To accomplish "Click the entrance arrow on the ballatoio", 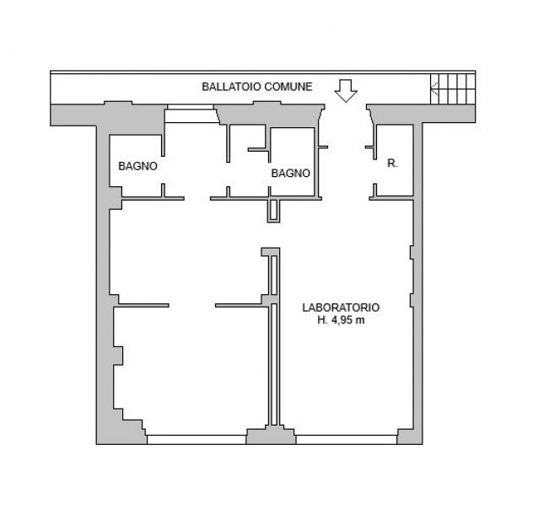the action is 346,91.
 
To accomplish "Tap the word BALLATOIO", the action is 231,87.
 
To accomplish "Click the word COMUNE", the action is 288,87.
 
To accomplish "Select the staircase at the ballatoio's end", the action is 453,89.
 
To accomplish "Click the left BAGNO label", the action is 137,166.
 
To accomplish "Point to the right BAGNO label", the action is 291,174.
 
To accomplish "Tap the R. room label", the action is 393,163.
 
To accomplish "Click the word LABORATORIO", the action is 341,308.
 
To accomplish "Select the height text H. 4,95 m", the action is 341,320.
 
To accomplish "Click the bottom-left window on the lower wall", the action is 197,439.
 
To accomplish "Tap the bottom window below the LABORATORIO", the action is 347,439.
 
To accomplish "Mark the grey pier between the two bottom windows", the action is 271,436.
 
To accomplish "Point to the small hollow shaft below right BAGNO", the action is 273,211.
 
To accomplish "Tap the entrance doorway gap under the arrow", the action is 346,112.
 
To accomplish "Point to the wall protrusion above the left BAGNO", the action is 118,103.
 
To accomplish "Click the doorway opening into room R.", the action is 375,171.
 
